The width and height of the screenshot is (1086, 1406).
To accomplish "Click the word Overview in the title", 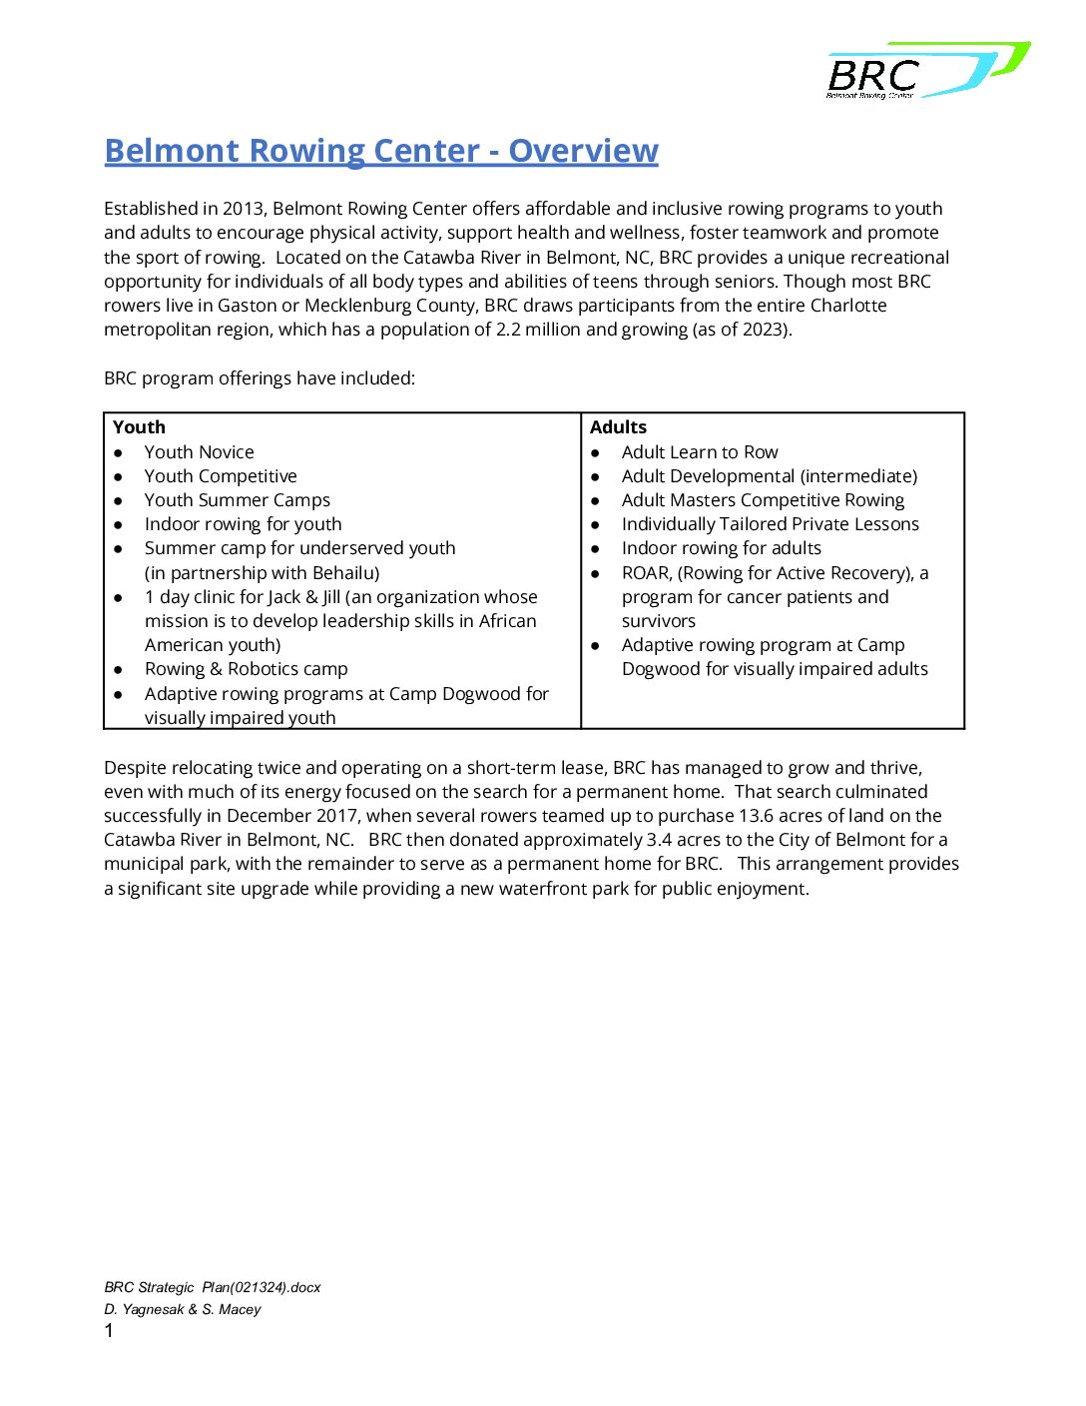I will pyautogui.click(x=583, y=151).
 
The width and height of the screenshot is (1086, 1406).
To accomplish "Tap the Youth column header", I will pyautogui.click(x=139, y=427).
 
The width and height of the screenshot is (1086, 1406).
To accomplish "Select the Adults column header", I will pyautogui.click(x=618, y=427).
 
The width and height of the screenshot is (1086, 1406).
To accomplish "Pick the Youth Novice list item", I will pyautogui.click(x=199, y=452).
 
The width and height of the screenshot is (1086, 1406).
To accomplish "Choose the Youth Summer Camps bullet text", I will pyautogui.click(x=237, y=500).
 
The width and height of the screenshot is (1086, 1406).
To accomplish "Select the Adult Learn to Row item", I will pyautogui.click(x=699, y=452).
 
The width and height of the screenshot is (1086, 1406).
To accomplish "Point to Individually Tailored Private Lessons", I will pyautogui.click(x=770, y=524).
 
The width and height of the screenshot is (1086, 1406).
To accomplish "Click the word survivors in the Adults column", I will pyautogui.click(x=658, y=621).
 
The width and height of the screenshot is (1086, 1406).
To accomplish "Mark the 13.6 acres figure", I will pyautogui.click(x=779, y=816).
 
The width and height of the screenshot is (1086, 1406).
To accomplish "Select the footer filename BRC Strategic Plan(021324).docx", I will pyautogui.click(x=213, y=1287).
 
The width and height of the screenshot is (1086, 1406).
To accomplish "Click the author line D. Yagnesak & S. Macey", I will pyautogui.click(x=183, y=1309).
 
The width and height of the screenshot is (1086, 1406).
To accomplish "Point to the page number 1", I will pyautogui.click(x=109, y=1331).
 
